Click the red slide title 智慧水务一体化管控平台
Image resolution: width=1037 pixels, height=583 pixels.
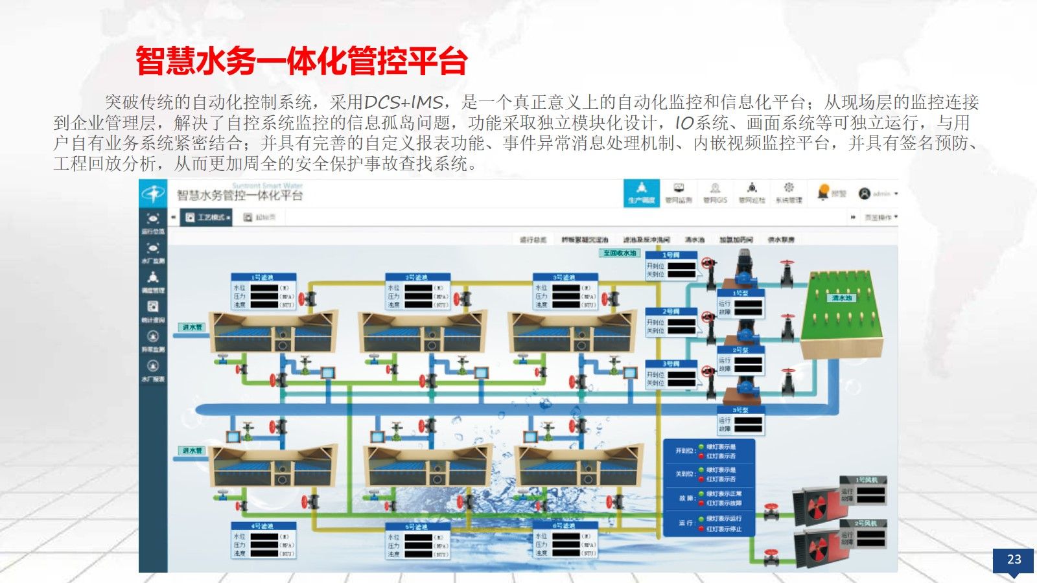[x=301, y=62]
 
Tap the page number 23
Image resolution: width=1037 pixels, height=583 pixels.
[x=1014, y=559]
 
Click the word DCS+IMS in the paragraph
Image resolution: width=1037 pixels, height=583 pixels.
[x=403, y=102]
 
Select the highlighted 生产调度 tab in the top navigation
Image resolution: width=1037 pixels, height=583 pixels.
[x=641, y=193]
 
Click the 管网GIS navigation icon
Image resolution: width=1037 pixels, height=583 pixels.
[x=715, y=192]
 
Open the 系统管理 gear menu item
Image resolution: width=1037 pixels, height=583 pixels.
[x=789, y=192]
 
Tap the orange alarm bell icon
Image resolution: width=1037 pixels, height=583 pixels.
[x=823, y=192]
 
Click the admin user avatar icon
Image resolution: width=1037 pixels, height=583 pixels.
[x=865, y=193]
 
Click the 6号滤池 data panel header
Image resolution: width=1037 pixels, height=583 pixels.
[x=565, y=526]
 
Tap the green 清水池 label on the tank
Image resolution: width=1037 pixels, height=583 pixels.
[x=841, y=298]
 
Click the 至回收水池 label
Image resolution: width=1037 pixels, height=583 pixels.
[x=620, y=253]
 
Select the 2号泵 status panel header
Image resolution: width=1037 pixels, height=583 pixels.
[x=740, y=350]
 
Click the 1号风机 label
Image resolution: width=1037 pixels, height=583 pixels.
[x=866, y=480]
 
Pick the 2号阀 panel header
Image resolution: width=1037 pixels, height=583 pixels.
[x=671, y=312]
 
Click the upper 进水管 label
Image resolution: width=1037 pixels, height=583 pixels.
[x=192, y=327]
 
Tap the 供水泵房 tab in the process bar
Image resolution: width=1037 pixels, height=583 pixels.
[x=781, y=240]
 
